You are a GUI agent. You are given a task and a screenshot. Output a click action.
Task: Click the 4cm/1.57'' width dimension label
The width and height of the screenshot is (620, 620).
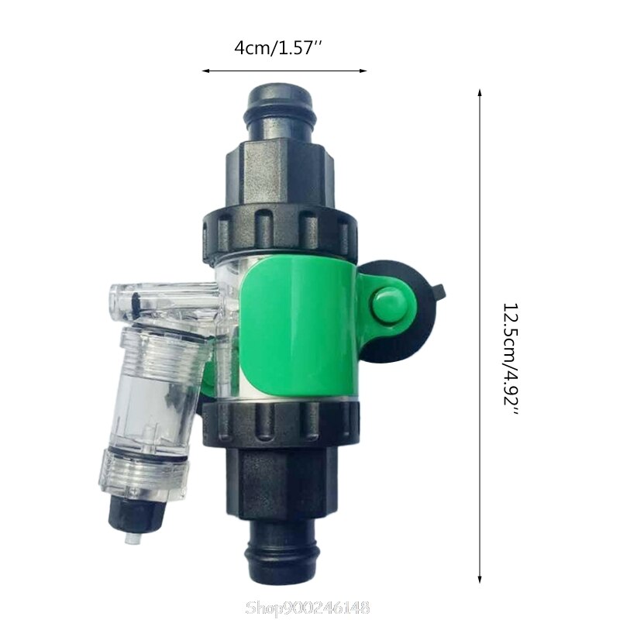278,48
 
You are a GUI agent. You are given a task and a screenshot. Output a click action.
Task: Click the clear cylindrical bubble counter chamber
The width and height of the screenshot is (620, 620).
152,399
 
